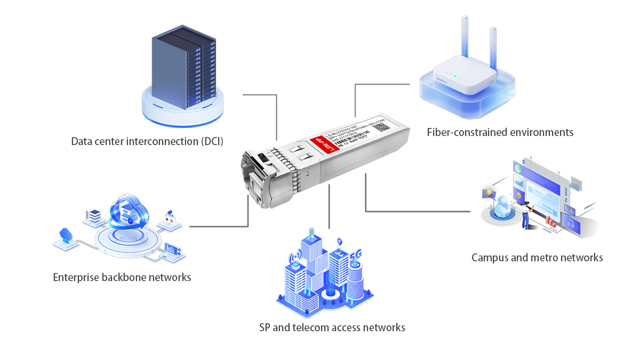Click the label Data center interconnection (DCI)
tap(147, 141)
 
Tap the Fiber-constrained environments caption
tap(500, 132)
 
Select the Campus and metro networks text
tap(537, 258)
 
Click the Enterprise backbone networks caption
tap(122, 277)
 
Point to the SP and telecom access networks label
tap(332, 327)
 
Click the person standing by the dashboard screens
tap(527, 216)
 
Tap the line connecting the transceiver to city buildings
tap(330, 208)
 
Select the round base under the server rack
tap(183, 109)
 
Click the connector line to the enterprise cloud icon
tap(219, 226)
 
